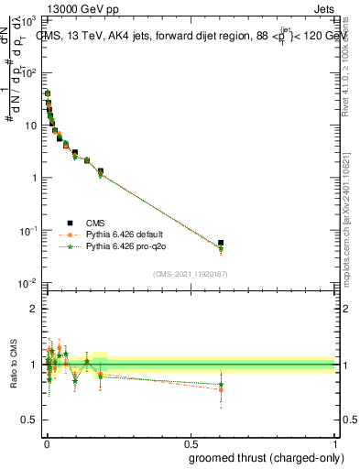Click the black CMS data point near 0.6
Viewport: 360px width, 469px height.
(x=220, y=243)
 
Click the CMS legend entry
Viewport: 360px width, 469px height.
(x=95, y=223)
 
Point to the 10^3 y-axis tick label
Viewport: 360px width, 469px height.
(x=32, y=19)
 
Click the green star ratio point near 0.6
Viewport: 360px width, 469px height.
(x=220, y=384)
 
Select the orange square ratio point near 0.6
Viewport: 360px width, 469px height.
(x=220, y=390)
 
